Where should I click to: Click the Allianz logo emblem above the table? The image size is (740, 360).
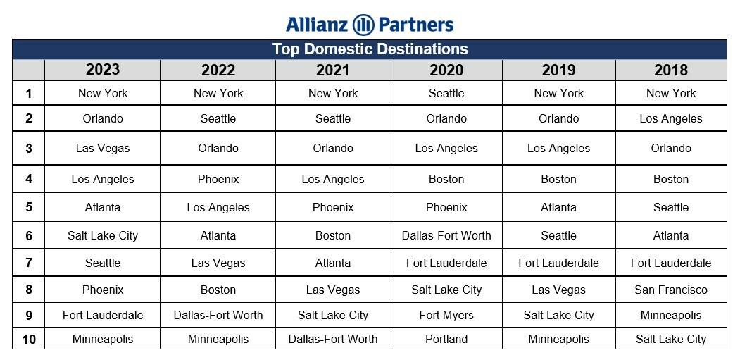pos(363,25)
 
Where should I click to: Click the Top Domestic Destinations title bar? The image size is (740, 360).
pos(370,49)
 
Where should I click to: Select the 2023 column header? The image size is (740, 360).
pos(102,70)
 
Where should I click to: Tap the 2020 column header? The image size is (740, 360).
pos(446,70)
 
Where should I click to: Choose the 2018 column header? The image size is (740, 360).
pos(671,70)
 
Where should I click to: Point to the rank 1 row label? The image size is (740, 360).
pos(29,94)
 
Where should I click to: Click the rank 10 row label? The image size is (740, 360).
pos(29,339)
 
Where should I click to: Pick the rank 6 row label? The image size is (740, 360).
pos(29,236)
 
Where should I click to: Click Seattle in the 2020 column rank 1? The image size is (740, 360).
pos(446,93)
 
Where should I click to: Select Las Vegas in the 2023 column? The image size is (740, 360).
pos(102,149)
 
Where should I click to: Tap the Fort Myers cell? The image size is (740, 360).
pos(446,315)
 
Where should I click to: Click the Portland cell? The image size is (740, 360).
pos(446,339)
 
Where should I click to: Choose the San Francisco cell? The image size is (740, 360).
pos(671,290)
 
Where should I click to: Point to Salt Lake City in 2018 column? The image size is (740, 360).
pos(671,339)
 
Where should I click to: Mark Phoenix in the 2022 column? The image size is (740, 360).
pos(218,180)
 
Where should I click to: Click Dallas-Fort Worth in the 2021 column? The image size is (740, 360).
pos(333,339)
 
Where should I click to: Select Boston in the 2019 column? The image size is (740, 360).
pos(559,180)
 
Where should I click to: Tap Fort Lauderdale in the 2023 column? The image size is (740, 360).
pos(102,315)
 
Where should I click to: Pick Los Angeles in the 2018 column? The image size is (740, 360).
pos(671,119)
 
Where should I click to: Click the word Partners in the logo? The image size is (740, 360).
pos(416,25)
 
